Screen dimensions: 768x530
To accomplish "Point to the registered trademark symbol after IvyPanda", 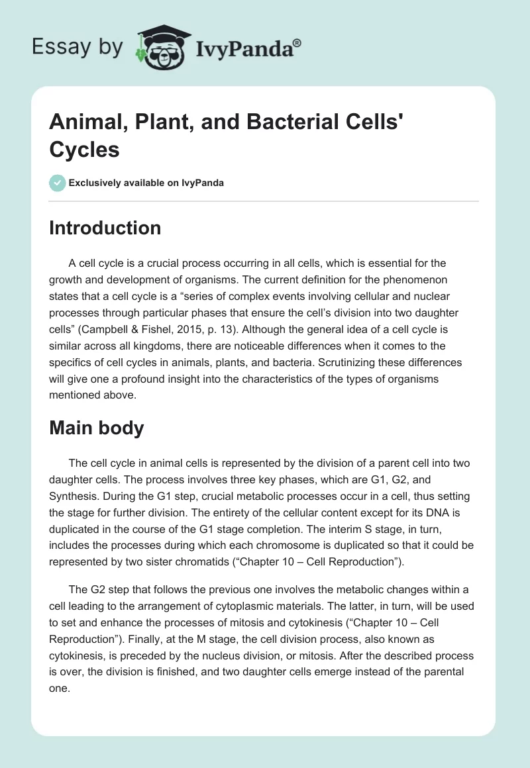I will coord(298,41).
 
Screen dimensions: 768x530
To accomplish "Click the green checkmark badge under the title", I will coord(58,183).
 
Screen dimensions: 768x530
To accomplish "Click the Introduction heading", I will coord(105,228).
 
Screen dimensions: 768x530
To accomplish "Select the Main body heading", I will coord(97,428).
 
